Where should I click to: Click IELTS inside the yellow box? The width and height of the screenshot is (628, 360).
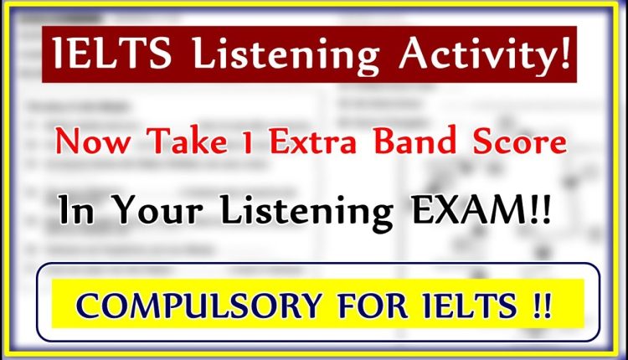(x=461, y=303)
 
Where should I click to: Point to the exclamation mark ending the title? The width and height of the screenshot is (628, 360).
(x=569, y=55)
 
